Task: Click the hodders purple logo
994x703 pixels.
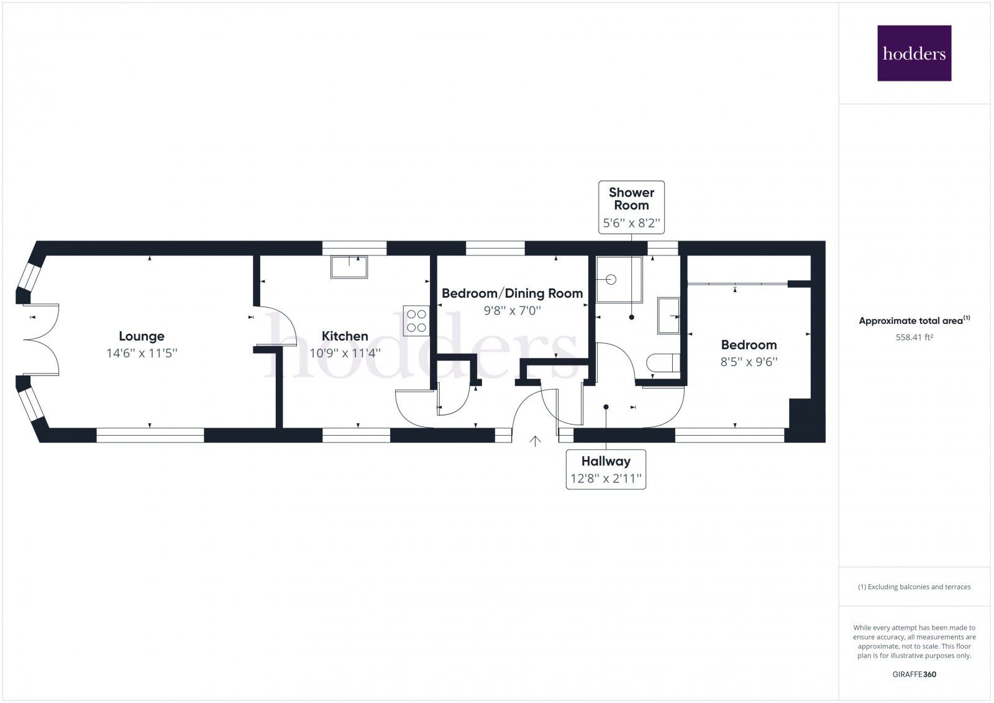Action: pos(914,53)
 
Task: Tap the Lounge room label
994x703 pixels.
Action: pos(142,336)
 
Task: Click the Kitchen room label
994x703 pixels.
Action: pos(345,336)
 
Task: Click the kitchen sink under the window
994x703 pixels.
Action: pos(349,267)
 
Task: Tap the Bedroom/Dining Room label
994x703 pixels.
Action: pos(512,293)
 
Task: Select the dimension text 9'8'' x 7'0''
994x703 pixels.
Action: pos(512,310)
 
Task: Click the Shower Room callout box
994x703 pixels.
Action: pos(631,207)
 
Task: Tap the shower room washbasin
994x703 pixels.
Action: pos(669,315)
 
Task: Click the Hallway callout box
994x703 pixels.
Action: pos(606,469)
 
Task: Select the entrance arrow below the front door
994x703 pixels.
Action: pos(535,441)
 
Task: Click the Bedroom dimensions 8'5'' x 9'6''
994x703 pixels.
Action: pos(749,362)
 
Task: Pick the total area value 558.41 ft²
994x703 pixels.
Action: pos(914,338)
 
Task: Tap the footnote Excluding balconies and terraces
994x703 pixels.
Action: pos(914,587)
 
